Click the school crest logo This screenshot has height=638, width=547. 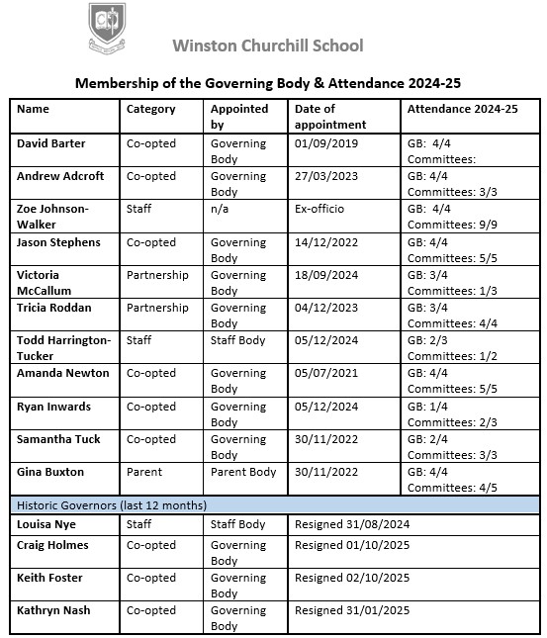click(107, 28)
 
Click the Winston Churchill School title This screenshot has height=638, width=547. click(267, 46)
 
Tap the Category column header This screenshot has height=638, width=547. click(151, 110)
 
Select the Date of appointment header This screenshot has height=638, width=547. click(329, 117)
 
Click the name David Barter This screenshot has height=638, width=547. click(51, 143)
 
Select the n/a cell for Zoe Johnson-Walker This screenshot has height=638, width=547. click(222, 209)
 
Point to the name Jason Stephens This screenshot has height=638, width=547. click(58, 241)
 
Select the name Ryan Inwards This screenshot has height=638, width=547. click(53, 407)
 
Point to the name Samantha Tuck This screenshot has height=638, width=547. click(58, 439)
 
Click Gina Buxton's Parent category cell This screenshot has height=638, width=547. click(145, 472)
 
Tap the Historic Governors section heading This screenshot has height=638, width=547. click(112, 505)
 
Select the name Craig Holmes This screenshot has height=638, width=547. click(52, 545)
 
